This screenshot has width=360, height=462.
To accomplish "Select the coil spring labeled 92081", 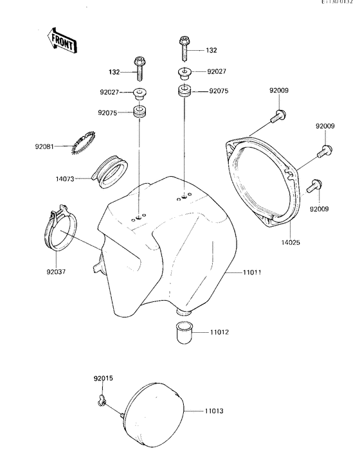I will (84, 142).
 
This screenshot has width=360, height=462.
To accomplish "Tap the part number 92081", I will (46, 147).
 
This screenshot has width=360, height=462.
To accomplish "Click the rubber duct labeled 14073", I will (109, 170).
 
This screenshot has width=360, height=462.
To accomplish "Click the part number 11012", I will (219, 332).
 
